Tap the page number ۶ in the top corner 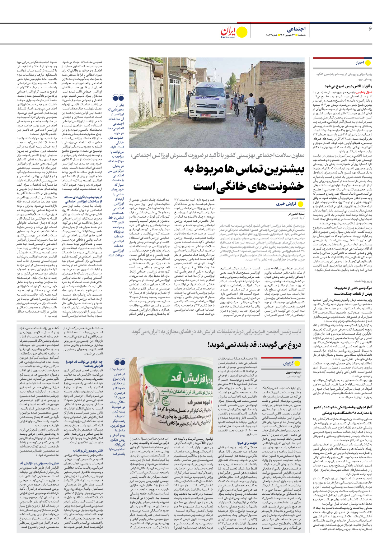[370, 29]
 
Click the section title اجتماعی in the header [296, 29]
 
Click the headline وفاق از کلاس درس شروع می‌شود [348, 86]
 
